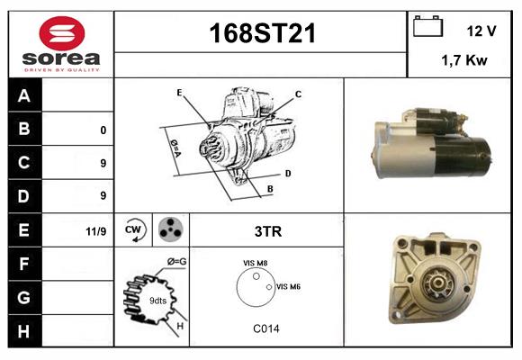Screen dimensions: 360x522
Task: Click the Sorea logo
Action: (60, 44)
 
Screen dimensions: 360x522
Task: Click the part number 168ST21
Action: (262, 33)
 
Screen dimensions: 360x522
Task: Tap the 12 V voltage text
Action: (481, 31)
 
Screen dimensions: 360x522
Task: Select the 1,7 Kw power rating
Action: (464, 61)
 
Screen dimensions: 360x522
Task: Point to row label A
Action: (25, 95)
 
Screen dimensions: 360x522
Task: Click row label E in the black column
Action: (25, 230)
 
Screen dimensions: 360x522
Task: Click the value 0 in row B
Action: (103, 130)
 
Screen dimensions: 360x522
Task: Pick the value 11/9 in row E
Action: (95, 231)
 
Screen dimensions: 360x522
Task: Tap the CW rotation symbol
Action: (133, 229)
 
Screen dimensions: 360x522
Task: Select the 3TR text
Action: (268, 231)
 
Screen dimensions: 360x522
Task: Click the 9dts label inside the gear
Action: (157, 300)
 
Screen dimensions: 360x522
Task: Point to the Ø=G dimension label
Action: (176, 262)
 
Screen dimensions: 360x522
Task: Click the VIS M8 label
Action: (255, 263)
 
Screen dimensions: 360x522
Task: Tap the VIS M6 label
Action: (288, 286)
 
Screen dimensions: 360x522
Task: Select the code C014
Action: (266, 328)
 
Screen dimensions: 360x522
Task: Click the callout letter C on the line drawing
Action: (298, 94)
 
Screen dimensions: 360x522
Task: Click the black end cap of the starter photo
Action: (475, 157)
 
